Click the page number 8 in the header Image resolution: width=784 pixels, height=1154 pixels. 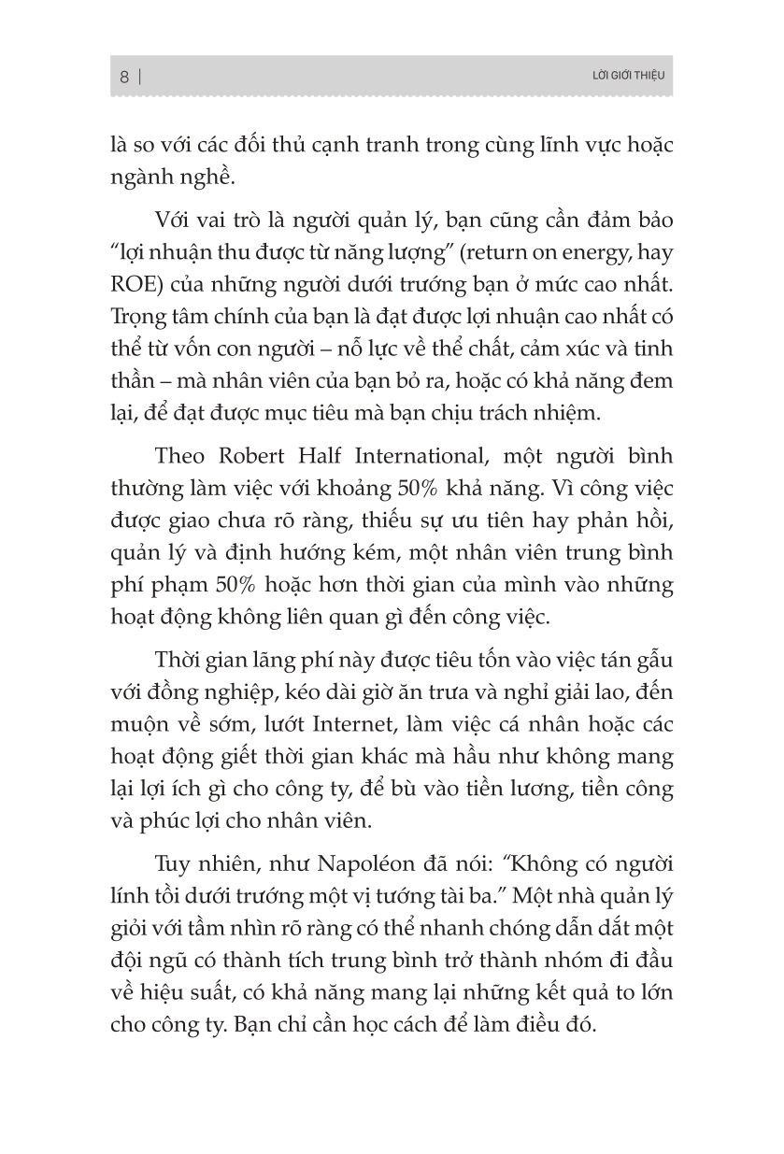point(124,78)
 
